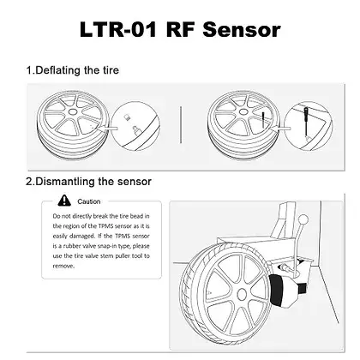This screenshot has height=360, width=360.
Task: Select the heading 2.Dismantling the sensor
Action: click(90, 181)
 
